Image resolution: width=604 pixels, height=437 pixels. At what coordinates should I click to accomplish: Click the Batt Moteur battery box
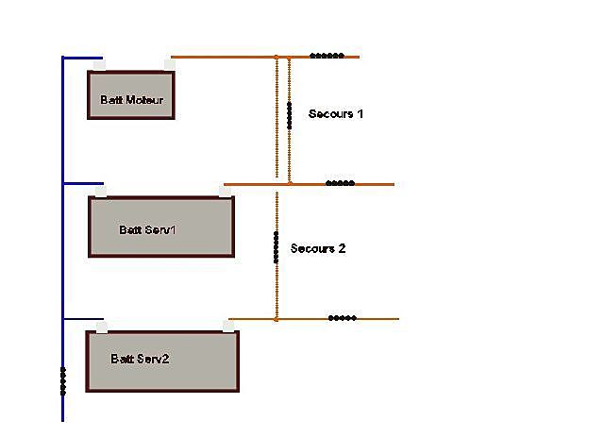click(x=131, y=94)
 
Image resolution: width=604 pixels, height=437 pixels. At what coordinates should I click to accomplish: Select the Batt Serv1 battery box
click(x=161, y=227)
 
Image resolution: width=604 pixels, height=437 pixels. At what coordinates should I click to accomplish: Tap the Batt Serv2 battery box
click(x=162, y=361)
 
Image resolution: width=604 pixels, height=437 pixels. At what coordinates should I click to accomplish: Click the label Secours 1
click(x=336, y=113)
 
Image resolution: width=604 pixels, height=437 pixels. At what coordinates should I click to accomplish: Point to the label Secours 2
click(x=318, y=248)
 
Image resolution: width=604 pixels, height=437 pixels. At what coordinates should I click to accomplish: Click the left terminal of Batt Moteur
click(x=100, y=65)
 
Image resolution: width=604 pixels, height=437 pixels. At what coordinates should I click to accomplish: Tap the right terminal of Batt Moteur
click(x=170, y=65)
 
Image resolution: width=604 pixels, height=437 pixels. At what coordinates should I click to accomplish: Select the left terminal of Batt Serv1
click(x=101, y=192)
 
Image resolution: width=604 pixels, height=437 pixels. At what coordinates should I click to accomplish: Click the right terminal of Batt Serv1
click(x=225, y=192)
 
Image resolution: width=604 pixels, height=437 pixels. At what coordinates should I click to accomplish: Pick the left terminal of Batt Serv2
click(x=102, y=328)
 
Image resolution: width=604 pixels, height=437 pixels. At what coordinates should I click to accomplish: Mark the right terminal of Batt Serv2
click(x=228, y=327)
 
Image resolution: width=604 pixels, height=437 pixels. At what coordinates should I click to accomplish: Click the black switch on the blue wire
click(x=63, y=381)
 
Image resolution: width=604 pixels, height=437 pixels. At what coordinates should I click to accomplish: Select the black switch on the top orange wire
click(x=327, y=56)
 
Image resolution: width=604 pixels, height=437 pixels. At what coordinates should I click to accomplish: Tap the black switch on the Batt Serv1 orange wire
click(x=340, y=183)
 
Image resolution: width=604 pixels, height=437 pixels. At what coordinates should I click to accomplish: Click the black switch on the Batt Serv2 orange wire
click(x=342, y=318)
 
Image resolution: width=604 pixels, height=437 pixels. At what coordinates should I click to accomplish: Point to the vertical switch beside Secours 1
click(x=290, y=115)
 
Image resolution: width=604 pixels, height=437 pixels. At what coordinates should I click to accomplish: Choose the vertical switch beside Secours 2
click(x=276, y=247)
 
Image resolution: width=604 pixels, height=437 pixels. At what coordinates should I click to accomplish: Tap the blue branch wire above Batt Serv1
click(x=83, y=183)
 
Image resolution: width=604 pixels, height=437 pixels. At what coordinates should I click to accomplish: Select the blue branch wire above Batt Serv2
click(x=83, y=319)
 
